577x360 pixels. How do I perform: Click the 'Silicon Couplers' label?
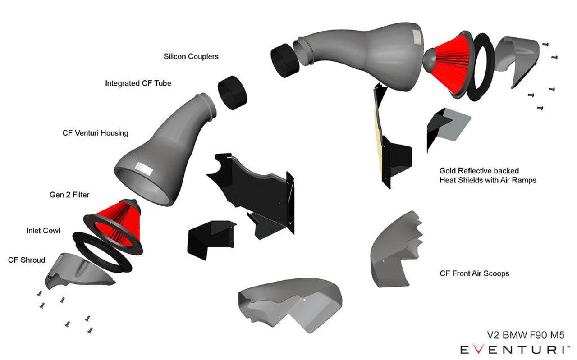tap(191, 57)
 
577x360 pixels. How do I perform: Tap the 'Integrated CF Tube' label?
tap(138, 83)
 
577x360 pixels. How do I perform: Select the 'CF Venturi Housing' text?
tap(95, 133)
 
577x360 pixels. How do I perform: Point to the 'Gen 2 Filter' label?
tap(69, 195)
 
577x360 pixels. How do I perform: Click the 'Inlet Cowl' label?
tap(43, 231)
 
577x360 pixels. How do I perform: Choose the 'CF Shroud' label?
tap(27, 260)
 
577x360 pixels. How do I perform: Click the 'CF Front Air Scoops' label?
tap(474, 273)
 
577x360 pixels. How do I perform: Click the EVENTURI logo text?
tap(512, 349)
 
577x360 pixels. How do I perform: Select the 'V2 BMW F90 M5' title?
tap(525, 335)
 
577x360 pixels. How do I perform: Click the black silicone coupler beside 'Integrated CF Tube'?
tap(233, 92)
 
